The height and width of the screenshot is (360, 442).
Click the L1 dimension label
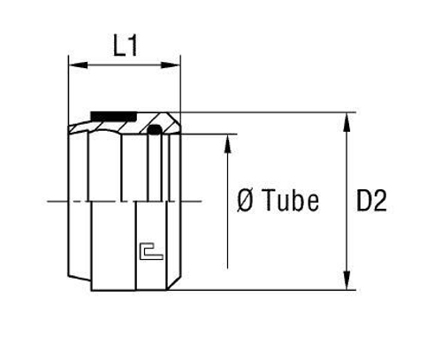tap(126, 45)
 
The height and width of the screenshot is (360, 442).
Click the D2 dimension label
tap(371, 201)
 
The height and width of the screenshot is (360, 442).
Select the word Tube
tap(292, 201)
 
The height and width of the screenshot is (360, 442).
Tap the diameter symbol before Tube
tap(245, 201)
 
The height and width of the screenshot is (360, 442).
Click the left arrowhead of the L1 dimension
tap(78, 65)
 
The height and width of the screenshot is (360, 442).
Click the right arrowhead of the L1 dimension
tap(171, 65)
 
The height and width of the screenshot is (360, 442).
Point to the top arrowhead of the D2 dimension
tap(347, 122)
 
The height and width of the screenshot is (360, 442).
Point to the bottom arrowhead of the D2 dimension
tap(347, 280)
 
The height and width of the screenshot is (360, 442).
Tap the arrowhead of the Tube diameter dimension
tap(227, 144)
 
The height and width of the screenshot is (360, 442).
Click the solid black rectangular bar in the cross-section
tap(114, 116)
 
